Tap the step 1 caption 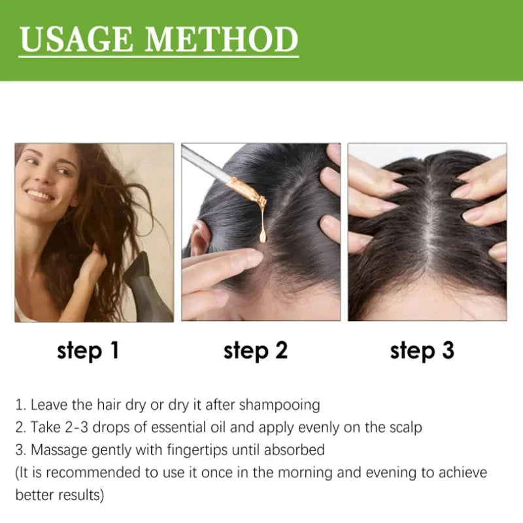(x=88, y=350)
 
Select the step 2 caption (x=255, y=350)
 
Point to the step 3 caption (x=422, y=350)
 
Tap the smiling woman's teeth (x=40, y=194)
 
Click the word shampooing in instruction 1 (x=279, y=405)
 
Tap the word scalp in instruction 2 (x=405, y=428)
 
